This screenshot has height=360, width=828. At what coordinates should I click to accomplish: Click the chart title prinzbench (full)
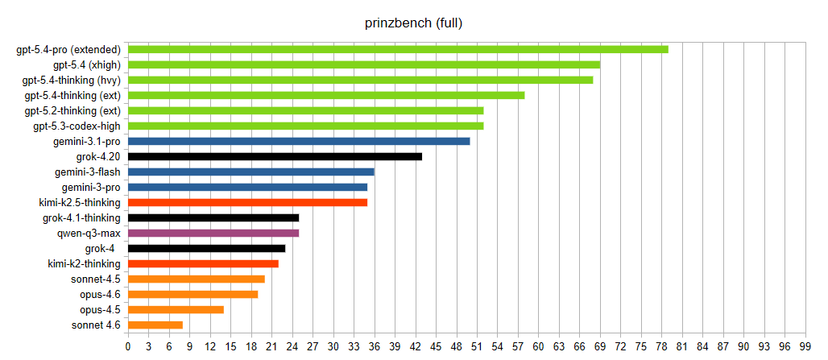tap(413, 23)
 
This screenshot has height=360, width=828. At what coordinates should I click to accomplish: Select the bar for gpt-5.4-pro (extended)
tap(398, 49)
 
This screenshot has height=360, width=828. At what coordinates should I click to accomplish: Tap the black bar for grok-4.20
tap(275, 156)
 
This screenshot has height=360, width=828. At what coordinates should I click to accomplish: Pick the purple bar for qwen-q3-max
tap(213, 233)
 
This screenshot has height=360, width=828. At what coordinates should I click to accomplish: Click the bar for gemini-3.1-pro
tap(299, 141)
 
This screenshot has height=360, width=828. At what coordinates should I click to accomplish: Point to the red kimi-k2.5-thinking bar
tap(247, 202)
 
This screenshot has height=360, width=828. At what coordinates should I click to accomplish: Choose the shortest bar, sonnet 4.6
tap(155, 325)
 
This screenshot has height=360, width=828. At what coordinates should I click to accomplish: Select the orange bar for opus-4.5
tap(176, 309)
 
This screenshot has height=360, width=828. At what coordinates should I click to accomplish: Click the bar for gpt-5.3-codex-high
tap(305, 126)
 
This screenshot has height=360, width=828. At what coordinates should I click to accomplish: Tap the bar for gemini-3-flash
tap(250, 172)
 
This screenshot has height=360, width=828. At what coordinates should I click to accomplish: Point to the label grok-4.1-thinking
tap(81, 217)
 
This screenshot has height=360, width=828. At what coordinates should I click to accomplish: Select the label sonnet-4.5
tap(95, 279)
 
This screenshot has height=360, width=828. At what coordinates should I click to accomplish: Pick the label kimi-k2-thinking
tap(84, 263)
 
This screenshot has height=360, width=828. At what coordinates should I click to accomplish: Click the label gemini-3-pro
tap(90, 187)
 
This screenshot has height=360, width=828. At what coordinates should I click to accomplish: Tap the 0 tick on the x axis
tap(128, 346)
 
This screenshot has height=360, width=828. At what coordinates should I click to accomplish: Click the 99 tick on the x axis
tap(805, 346)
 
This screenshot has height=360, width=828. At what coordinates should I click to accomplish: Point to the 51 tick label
tap(477, 346)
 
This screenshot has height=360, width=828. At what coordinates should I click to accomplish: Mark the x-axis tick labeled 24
tap(292, 346)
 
